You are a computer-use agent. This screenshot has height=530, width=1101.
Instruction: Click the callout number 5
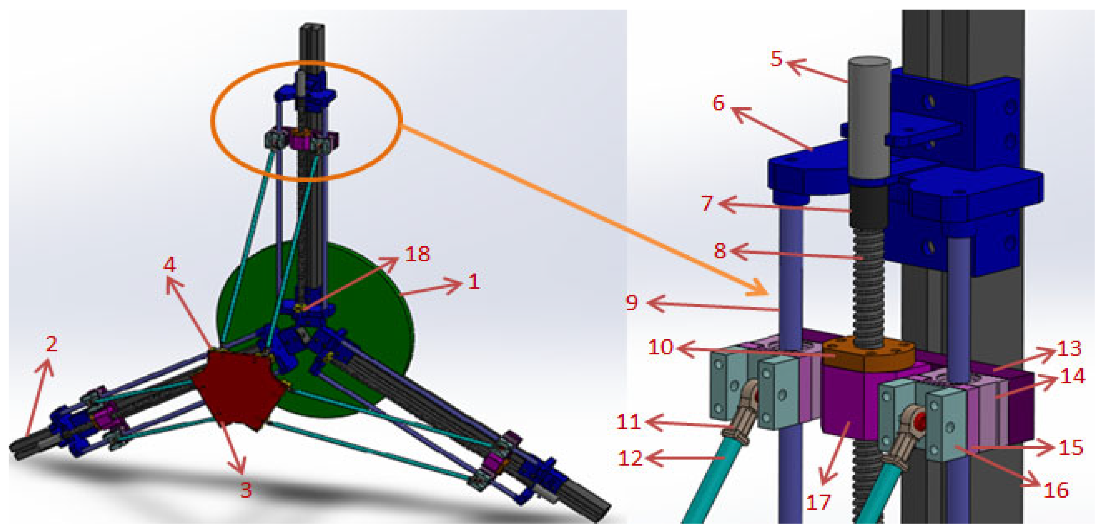(776, 58)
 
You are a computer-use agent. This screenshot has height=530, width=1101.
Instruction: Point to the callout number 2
(51, 344)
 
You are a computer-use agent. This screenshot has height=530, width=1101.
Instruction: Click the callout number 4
(170, 265)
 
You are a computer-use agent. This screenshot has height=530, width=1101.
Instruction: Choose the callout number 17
(818, 502)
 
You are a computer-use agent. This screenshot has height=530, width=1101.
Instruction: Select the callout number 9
(632, 302)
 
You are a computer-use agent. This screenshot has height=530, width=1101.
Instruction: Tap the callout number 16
(1056, 490)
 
